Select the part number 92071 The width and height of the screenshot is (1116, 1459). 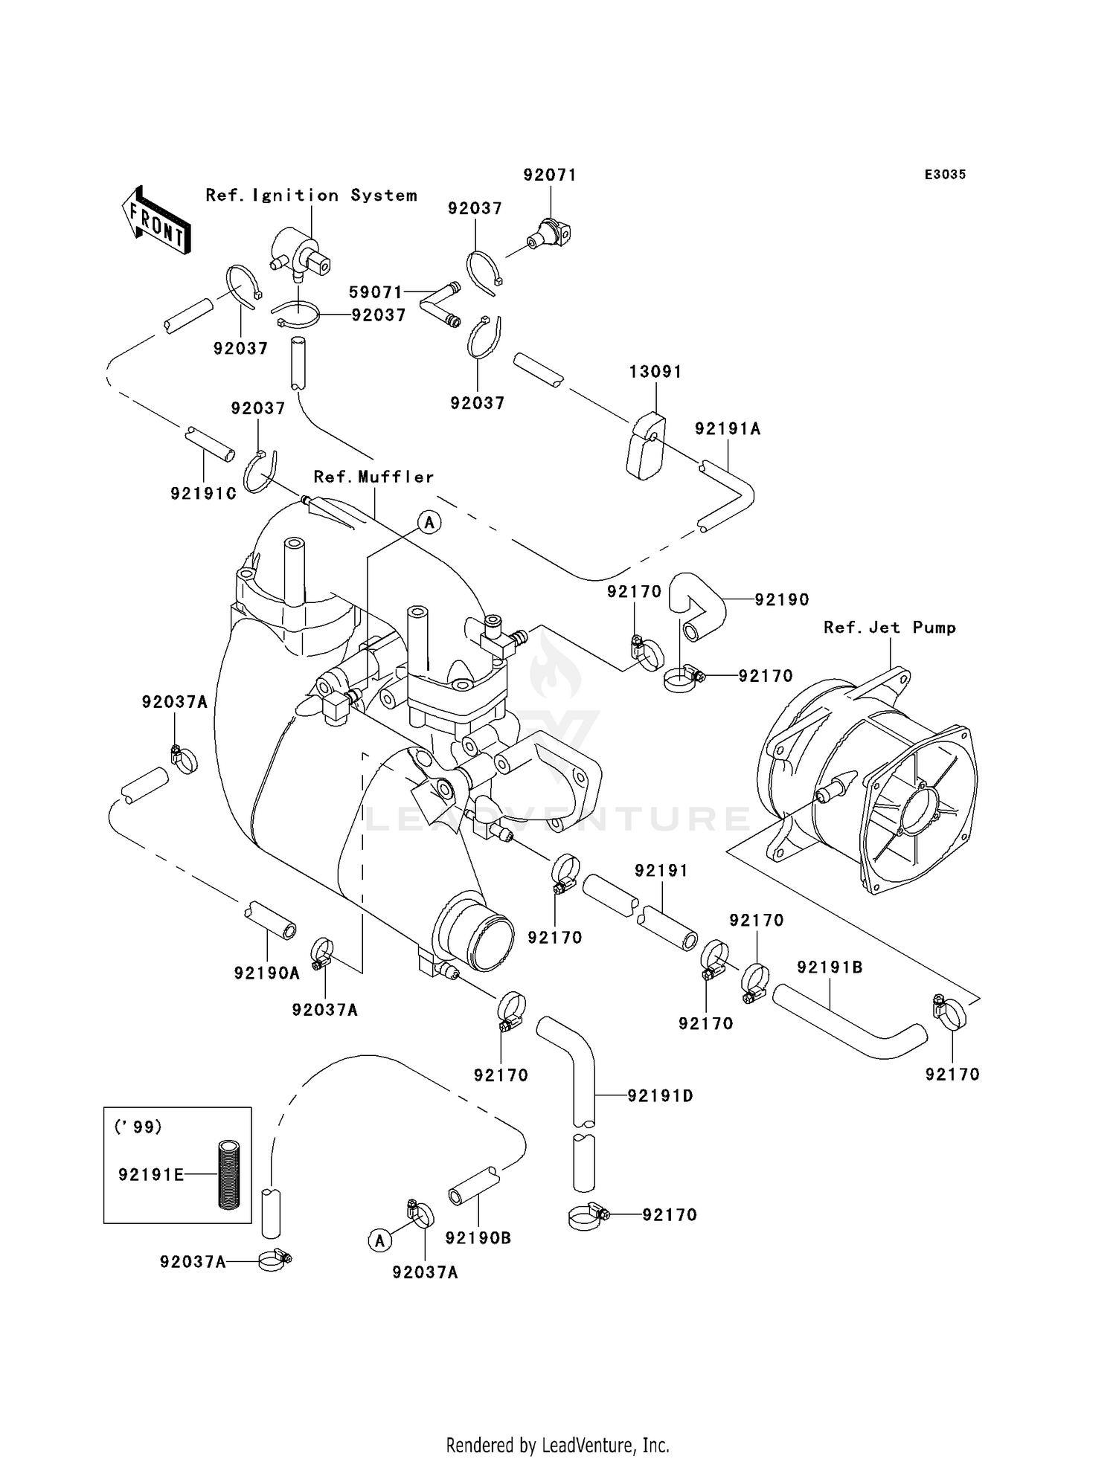click(x=550, y=175)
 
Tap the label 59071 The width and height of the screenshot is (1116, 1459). click(x=376, y=292)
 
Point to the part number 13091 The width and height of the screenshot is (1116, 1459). click(x=655, y=371)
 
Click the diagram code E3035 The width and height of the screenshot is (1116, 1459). click(x=945, y=174)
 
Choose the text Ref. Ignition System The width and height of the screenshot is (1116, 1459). click(x=311, y=195)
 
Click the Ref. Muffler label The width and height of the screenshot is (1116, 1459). click(x=373, y=477)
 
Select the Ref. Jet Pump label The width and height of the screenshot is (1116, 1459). click(x=890, y=628)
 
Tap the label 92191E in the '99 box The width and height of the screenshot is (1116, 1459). click(x=151, y=1174)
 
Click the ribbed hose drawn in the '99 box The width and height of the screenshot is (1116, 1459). click(x=225, y=1174)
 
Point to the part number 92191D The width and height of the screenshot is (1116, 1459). click(x=661, y=1095)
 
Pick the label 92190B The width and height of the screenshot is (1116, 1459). click(x=478, y=1238)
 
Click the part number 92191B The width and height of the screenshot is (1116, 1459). click(x=830, y=967)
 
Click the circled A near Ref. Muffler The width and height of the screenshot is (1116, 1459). click(x=429, y=523)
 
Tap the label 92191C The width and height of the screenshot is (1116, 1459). click(x=204, y=493)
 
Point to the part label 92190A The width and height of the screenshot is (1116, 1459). click(x=267, y=973)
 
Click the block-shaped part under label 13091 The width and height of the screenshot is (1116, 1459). click(x=646, y=446)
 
